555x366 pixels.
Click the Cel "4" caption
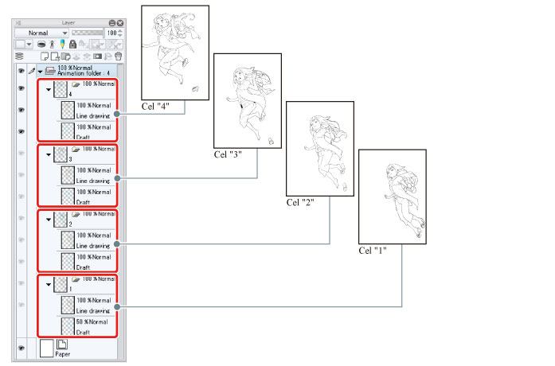(x=155, y=107)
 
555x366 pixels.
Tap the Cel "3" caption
(x=228, y=154)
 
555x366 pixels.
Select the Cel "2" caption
(x=300, y=203)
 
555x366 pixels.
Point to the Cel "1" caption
(x=373, y=251)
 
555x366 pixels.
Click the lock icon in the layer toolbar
(x=72, y=45)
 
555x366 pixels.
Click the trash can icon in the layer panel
(x=119, y=56)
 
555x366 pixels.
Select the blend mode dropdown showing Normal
(x=41, y=33)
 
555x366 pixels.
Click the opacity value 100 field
(x=111, y=33)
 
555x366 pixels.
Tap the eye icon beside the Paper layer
(x=21, y=348)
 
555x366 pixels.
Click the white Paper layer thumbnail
(x=46, y=348)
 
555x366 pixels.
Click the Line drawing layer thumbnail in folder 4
(x=68, y=110)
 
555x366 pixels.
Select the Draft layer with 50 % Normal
(x=88, y=326)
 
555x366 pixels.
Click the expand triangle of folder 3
(x=49, y=154)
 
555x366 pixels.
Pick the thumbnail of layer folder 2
(x=61, y=220)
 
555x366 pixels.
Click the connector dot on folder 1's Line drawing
(x=117, y=307)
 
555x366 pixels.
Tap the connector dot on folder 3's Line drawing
(x=117, y=178)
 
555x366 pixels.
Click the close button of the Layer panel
(x=120, y=23)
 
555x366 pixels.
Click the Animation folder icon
(x=50, y=71)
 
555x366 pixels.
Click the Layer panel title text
(x=68, y=22)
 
